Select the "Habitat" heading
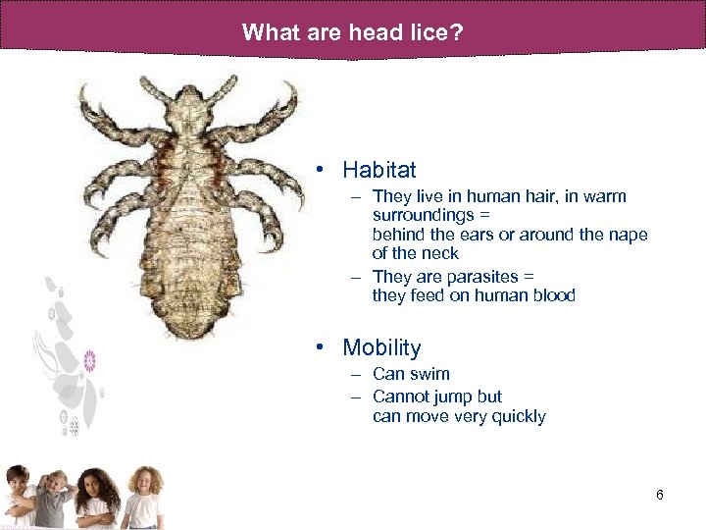[379, 170]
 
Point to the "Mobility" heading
[381, 347]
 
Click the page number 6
[660, 495]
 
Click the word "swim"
[431, 374]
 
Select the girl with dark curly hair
[98, 496]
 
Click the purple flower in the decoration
[90, 360]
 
